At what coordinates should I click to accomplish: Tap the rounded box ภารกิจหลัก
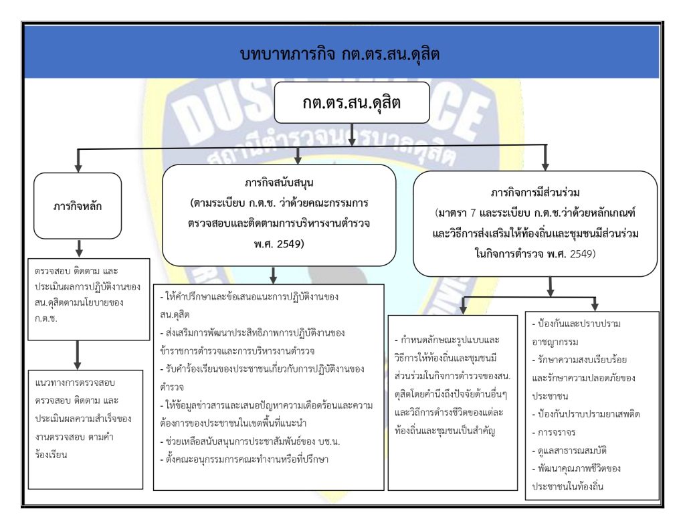coord(78,206)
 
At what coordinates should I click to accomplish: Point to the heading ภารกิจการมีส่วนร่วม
coord(534,194)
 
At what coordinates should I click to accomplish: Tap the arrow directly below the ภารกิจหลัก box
coord(78,249)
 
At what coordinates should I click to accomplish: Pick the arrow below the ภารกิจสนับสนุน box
coord(273,274)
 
